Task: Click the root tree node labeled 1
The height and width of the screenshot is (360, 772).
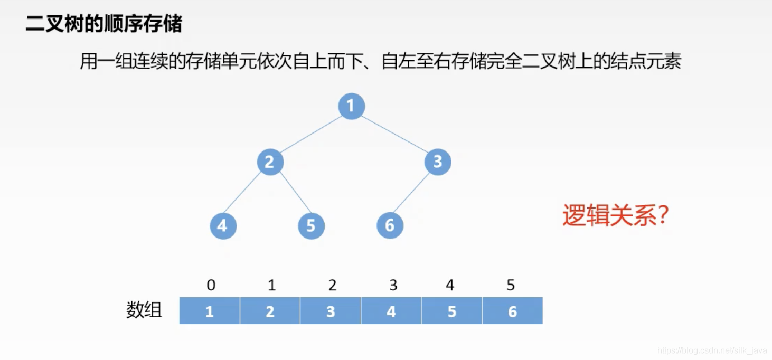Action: (351, 106)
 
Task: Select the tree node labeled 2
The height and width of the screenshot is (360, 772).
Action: (270, 162)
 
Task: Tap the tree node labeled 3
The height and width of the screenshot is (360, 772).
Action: (438, 162)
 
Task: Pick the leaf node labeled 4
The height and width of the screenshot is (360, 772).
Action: (223, 226)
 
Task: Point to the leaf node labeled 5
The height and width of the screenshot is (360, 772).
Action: (311, 226)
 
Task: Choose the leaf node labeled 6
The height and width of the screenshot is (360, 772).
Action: (390, 226)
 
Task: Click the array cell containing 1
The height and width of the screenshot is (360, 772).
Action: (210, 311)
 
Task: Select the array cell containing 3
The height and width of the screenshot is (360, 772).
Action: (331, 311)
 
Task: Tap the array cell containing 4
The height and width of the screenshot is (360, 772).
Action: (391, 311)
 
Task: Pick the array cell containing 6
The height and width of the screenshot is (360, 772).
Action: (512, 311)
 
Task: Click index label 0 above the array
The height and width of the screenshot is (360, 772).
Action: (211, 286)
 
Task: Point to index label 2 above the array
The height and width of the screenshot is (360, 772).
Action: (332, 286)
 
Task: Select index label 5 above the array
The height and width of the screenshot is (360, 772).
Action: (511, 286)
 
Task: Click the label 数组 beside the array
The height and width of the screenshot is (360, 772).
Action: (144, 310)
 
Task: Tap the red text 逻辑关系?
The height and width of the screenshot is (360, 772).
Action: (616, 215)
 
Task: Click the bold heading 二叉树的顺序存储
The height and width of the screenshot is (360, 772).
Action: (104, 24)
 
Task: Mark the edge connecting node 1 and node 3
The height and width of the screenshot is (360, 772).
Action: (394, 134)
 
